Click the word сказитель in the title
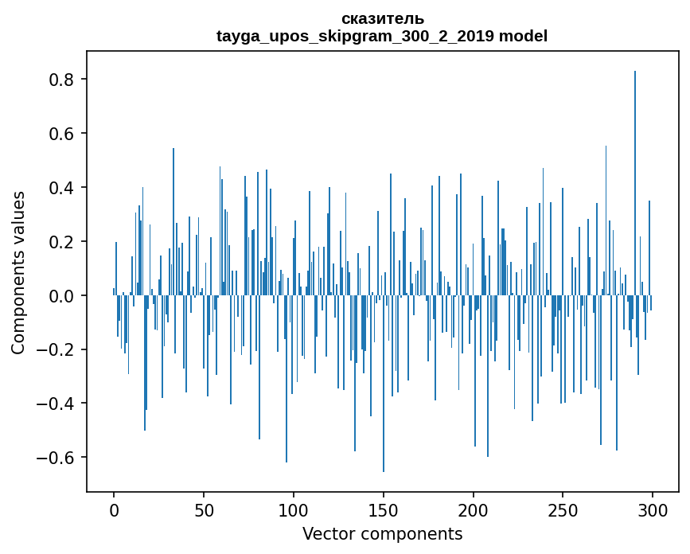point(382,18)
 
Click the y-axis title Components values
point(18,272)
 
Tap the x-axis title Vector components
point(382,533)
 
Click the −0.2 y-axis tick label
point(57,350)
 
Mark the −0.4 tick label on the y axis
point(57,404)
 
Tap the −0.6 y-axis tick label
point(57,458)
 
